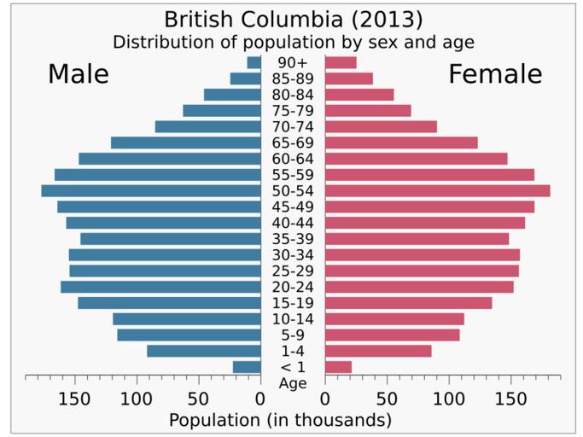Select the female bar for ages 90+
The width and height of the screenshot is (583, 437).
point(341,62)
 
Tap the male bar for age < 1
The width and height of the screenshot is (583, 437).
point(247,367)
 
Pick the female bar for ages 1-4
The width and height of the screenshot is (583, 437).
point(378,351)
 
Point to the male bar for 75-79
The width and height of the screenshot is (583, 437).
point(222,110)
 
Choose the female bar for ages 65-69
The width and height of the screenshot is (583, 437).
point(401,143)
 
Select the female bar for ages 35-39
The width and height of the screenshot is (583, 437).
point(417,238)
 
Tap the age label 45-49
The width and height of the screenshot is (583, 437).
point(293,207)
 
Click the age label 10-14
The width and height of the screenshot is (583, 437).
point(293,319)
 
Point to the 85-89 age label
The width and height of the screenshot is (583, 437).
point(293,79)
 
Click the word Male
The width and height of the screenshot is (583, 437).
point(79,74)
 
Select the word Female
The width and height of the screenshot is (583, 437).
point(495,74)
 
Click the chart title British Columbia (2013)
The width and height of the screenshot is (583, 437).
point(293,19)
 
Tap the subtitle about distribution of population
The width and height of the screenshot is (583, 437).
point(293,42)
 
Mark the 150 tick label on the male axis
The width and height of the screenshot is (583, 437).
point(75,398)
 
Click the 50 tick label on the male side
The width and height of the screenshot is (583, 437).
point(199,398)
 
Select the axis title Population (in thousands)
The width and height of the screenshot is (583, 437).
point(280,421)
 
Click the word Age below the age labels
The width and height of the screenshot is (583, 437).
point(293,383)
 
